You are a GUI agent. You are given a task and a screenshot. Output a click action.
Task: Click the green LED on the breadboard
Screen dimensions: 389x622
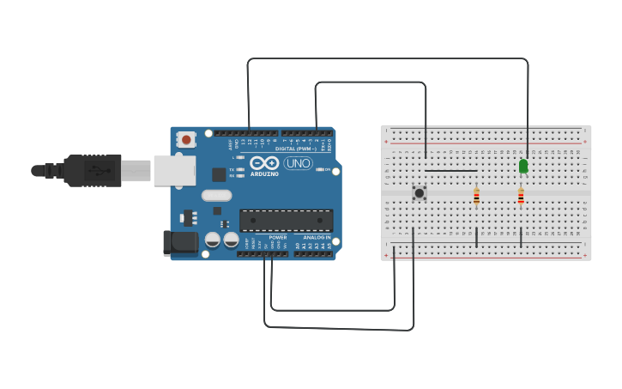pos(523,166)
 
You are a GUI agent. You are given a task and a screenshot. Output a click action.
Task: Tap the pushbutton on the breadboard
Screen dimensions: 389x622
pos(420,193)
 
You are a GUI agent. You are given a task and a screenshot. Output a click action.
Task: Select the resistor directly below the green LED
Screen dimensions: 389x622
pos(521,198)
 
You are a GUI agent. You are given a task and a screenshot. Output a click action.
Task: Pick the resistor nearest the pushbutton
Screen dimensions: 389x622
pos(476,198)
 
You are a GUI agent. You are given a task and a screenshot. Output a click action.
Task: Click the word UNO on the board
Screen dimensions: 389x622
pos(299,163)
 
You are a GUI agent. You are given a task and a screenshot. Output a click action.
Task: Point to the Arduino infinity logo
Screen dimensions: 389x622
pos(264,162)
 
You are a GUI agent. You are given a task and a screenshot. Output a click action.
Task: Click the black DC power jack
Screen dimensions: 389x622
pos(181,242)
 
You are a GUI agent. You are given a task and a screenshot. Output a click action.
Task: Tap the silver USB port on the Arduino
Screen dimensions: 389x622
pos(174,170)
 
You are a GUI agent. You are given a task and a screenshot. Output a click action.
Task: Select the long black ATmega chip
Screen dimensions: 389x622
pos(286,221)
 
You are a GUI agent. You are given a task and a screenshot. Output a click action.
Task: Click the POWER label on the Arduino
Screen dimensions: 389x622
pos(277,237)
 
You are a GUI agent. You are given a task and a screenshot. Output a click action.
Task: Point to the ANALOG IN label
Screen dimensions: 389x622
pos(317,237)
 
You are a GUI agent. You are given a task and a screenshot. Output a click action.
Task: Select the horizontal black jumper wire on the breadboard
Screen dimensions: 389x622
pos(450,171)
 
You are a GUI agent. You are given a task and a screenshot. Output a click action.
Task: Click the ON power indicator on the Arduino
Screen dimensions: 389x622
pos(320,169)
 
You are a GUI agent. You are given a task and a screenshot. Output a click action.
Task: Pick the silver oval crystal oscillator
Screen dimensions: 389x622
pos(217,195)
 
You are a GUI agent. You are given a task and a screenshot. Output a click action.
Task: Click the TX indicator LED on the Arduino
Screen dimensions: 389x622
pos(241,169)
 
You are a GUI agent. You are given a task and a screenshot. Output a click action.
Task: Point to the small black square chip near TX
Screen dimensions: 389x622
pos(219,174)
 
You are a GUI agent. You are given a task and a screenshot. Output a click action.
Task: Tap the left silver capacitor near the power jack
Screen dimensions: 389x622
pos(213,240)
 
